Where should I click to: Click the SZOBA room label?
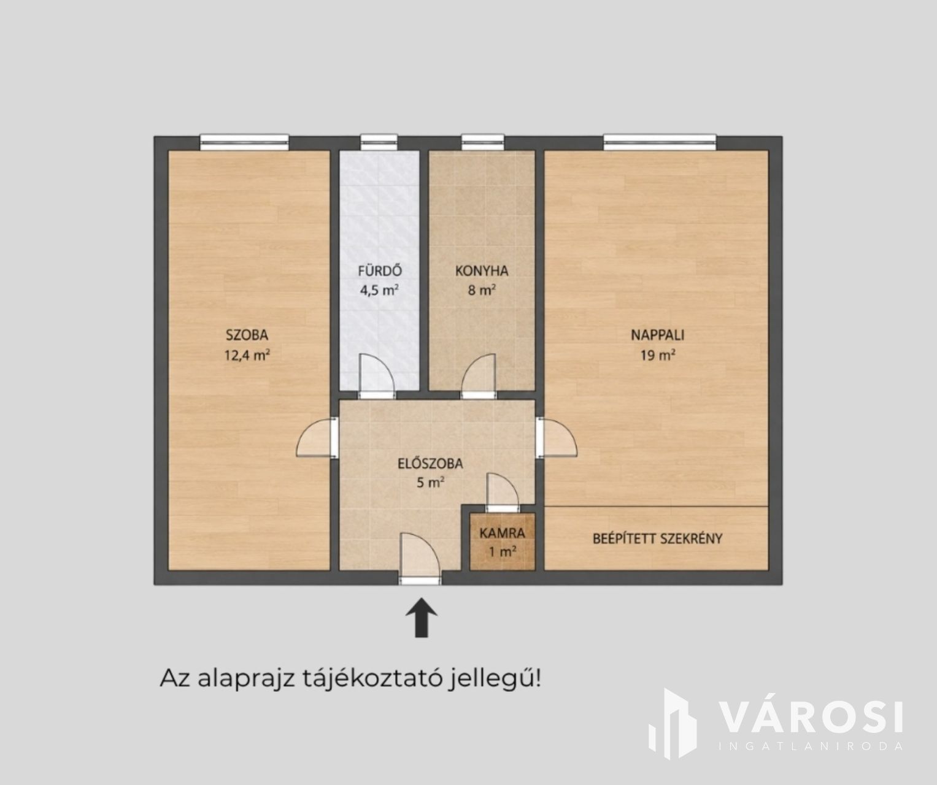click(x=247, y=335)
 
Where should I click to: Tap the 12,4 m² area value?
click(x=247, y=355)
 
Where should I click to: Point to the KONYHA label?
click(x=482, y=271)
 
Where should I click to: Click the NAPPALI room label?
click(x=657, y=335)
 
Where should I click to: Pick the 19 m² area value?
click(x=658, y=355)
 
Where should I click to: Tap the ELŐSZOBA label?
click(x=430, y=464)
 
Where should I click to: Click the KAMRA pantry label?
click(x=502, y=534)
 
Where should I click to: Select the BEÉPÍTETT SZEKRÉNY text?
click(x=657, y=538)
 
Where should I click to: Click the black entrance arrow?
click(x=421, y=617)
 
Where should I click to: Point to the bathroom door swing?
click(x=377, y=373)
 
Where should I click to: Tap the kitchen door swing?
click(x=479, y=373)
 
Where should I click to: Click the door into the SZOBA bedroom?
click(x=316, y=438)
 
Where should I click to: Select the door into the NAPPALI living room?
click(x=557, y=438)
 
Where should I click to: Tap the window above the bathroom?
click(x=379, y=142)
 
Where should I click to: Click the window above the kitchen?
click(x=483, y=142)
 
